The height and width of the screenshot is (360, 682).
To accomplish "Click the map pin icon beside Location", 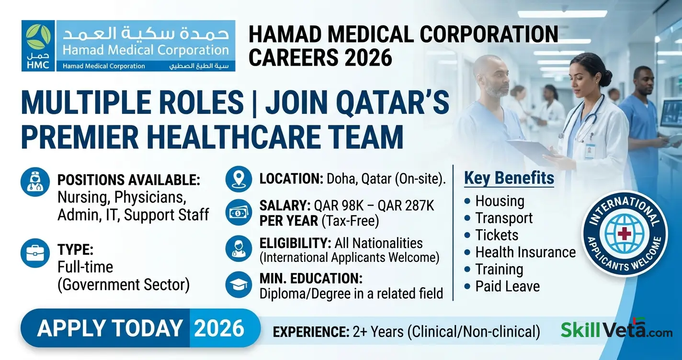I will [239, 179].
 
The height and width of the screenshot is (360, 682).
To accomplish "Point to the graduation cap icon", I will [239, 284].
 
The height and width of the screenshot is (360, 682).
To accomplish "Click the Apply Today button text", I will [110, 328].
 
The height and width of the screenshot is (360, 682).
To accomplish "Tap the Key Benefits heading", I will [509, 179].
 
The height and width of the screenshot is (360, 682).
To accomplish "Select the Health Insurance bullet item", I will [525, 252].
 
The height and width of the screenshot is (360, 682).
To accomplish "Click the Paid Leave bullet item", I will [507, 286].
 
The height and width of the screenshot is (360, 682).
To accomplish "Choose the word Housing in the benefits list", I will [500, 201].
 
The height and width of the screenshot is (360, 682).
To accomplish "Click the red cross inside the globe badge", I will [624, 233].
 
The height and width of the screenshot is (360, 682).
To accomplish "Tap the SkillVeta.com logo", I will [616, 329].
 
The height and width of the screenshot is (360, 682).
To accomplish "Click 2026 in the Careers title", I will [368, 58].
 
